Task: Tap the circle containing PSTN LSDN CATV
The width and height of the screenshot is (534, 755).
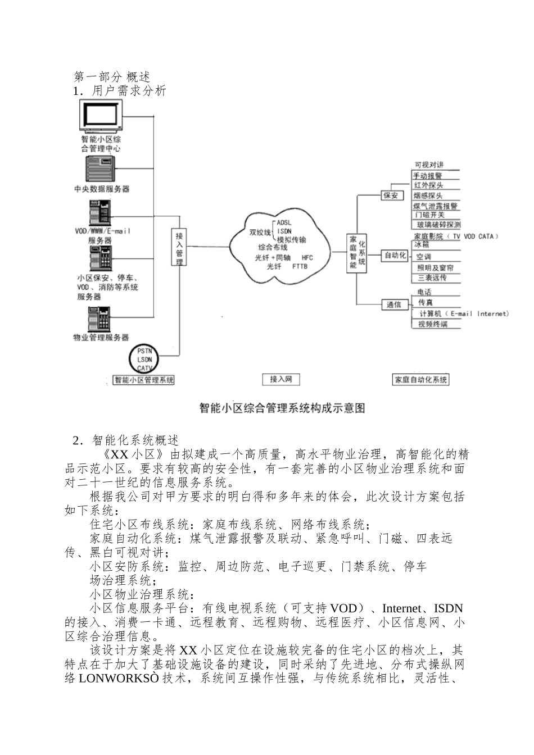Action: pos(144,360)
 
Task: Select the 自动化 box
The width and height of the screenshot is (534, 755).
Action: pos(395,256)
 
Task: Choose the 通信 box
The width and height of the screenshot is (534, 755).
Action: pos(394,304)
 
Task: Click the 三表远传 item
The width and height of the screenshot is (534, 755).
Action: pos(432,278)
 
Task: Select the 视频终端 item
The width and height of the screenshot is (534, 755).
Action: pos(432,324)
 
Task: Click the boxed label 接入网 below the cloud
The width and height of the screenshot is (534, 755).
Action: pos(281,380)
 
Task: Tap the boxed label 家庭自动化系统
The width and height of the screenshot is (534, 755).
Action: pos(421,380)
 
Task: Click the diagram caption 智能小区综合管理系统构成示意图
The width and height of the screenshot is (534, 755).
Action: pos(282,408)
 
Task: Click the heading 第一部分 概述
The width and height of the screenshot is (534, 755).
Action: pos(112,77)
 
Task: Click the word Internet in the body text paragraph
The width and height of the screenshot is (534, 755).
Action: pos(402,608)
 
